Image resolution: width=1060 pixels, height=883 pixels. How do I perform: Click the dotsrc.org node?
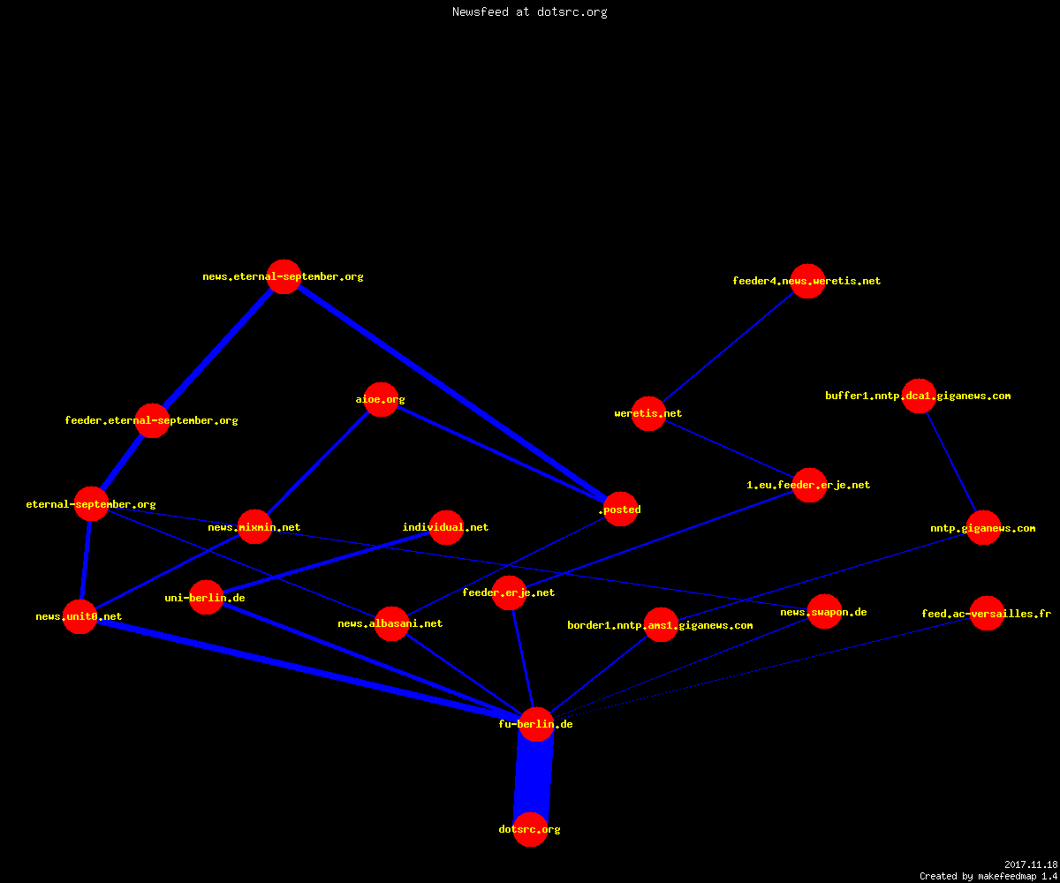(530, 829)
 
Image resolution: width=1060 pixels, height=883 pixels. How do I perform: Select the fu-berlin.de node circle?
(536, 724)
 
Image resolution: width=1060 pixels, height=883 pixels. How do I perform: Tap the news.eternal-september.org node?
(284, 276)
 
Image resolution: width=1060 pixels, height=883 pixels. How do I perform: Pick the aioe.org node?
(381, 399)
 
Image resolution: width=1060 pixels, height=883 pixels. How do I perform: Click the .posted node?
(620, 509)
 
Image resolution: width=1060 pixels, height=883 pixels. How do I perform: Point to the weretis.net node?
(648, 413)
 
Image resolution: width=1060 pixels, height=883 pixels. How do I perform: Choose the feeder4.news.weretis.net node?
(807, 281)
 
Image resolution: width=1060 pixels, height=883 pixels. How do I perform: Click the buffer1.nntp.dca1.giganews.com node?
(919, 396)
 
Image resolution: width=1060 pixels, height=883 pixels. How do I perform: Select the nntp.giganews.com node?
(983, 528)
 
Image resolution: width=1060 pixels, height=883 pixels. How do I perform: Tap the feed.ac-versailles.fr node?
(987, 613)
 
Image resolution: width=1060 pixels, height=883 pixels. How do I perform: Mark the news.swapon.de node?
(824, 612)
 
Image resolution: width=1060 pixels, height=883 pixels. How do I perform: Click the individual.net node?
(446, 527)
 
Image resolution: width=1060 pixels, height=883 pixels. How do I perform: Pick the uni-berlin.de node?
(206, 597)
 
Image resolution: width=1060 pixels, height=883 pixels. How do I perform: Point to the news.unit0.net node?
(79, 616)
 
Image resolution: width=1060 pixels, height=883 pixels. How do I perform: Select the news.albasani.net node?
(391, 623)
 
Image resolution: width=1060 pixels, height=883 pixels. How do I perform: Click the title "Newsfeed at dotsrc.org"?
(529, 11)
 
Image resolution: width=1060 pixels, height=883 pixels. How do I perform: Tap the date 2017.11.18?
(1031, 864)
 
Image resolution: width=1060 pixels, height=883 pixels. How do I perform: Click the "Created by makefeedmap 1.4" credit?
(988, 877)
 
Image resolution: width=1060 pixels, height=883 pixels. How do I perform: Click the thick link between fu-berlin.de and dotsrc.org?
(533, 776)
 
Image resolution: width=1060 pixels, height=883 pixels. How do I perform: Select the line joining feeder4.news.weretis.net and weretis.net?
(729, 347)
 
